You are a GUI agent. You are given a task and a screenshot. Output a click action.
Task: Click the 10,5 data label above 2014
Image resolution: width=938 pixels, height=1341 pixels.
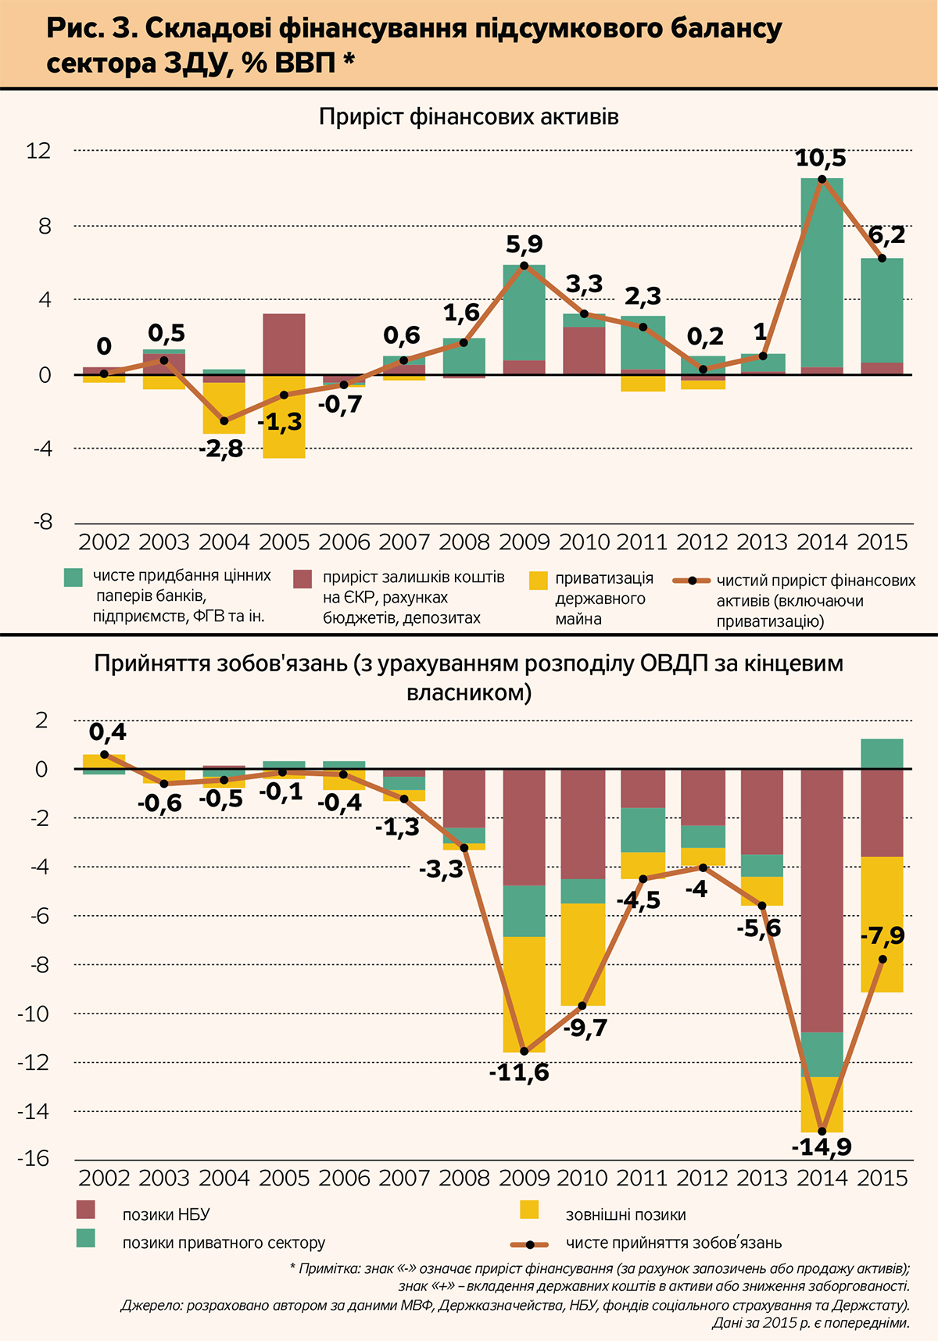[x=820, y=159]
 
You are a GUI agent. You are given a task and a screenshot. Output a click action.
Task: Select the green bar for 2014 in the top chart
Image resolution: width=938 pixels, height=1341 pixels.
[x=822, y=274]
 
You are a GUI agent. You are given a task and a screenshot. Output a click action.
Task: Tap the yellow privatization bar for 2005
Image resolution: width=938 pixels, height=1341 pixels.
[x=284, y=418]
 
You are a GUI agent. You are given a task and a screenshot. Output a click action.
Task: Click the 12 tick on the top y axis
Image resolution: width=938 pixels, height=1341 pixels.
[x=38, y=150]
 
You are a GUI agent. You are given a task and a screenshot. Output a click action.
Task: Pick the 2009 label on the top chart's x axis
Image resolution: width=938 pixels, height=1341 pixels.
[x=524, y=542]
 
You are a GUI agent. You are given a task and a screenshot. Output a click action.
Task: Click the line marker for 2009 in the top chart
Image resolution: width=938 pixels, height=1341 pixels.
[x=524, y=266]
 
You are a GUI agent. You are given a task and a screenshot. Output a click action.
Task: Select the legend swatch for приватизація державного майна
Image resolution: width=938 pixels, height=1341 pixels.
[x=539, y=581]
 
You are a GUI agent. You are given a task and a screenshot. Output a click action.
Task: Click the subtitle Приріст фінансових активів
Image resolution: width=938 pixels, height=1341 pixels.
[x=469, y=117]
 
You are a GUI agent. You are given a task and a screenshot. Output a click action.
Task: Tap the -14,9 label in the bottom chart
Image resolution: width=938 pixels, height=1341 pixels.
[x=822, y=1147]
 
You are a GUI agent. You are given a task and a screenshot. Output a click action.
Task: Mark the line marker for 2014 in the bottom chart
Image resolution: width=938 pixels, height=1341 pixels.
[x=822, y=1131]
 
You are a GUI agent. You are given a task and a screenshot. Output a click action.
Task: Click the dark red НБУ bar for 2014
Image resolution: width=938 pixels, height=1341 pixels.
[x=822, y=899]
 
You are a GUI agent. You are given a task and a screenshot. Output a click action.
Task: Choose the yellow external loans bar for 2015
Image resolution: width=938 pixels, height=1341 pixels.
[x=882, y=922]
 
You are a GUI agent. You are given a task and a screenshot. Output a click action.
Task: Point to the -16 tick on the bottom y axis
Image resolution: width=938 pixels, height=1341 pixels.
[x=34, y=1159]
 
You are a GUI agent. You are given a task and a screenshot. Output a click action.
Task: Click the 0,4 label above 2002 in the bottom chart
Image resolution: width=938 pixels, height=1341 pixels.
[x=107, y=733]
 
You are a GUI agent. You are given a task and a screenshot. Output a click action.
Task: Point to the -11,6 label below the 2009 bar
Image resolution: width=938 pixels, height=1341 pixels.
[x=519, y=1073]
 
